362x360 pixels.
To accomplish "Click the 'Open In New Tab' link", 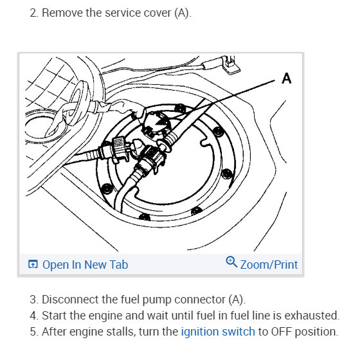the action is [85, 264].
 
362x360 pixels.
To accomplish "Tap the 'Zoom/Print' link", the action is [269, 265].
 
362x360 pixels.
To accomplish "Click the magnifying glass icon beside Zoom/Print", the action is [231, 262].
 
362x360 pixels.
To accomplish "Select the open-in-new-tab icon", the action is [33, 264].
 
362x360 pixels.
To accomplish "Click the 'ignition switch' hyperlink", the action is [218, 332].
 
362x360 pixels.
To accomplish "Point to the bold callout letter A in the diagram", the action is [287, 78].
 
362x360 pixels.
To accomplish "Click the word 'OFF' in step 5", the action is [282, 332].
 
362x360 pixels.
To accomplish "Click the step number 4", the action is [33, 316].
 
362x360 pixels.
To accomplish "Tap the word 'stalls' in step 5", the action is [122, 332].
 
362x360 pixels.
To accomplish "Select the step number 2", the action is [33, 13].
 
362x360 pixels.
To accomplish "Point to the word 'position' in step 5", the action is [316, 332].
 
